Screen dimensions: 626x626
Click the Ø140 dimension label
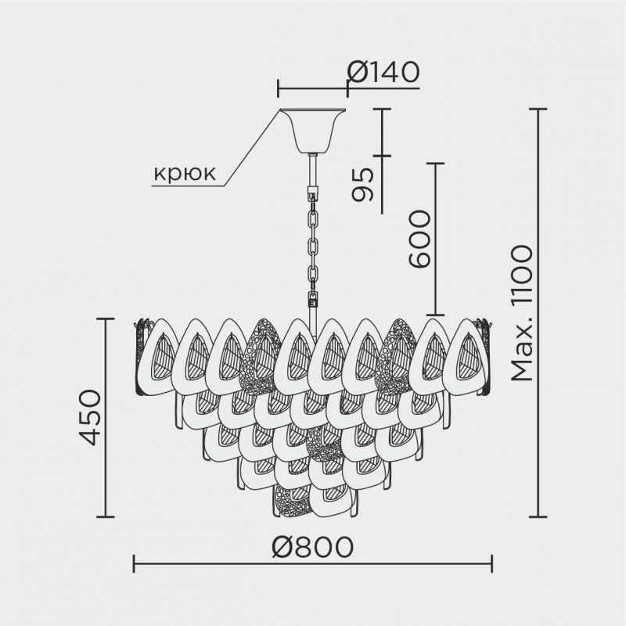pyautogui.click(x=383, y=73)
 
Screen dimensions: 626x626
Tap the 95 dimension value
pyautogui.click(x=363, y=184)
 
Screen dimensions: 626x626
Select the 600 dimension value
pyautogui.click(x=419, y=239)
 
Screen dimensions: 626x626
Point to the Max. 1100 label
pyautogui.click(x=522, y=313)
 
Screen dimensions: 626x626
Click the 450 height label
pyautogui.click(x=90, y=417)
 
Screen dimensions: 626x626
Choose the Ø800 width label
pyautogui.click(x=312, y=546)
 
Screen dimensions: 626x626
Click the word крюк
pyautogui.click(x=185, y=173)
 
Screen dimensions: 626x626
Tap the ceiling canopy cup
pyautogui.click(x=312, y=129)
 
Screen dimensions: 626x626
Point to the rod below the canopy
pyautogui.click(x=312, y=169)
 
